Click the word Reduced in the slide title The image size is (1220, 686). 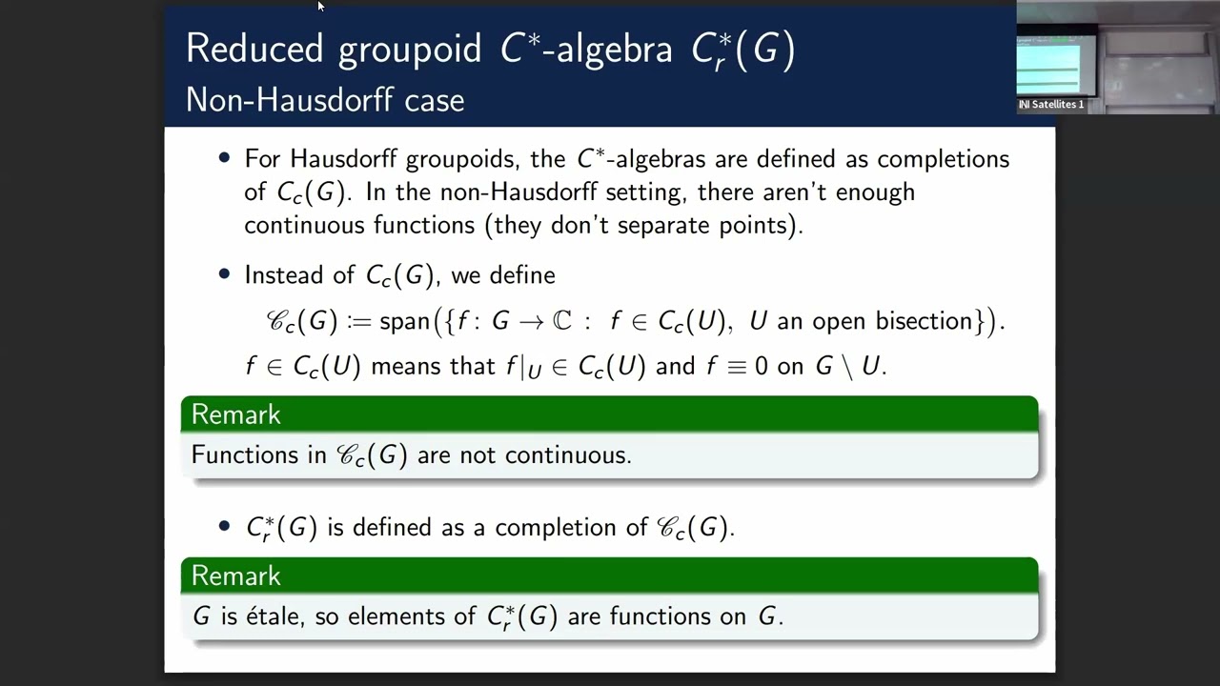tap(254, 49)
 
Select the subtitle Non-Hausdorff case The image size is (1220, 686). tap(325, 100)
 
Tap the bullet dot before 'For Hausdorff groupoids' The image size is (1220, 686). tap(225, 158)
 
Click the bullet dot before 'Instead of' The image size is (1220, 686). tap(225, 274)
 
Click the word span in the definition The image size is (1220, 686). tap(404, 322)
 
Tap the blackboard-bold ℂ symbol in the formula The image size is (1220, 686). tap(562, 321)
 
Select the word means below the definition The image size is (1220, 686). tap(402, 367)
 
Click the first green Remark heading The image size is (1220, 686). tap(235, 414)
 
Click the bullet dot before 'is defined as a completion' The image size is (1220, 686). tap(225, 526)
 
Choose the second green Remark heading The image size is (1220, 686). tap(235, 575)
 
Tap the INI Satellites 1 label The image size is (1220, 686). tap(1051, 105)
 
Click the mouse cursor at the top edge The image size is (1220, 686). tap(320, 6)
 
